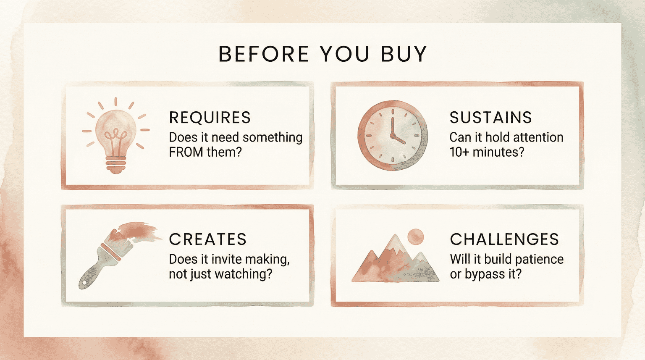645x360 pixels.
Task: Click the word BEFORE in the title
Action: (264, 54)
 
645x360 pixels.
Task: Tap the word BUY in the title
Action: (404, 54)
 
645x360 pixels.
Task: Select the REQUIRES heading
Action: (210, 118)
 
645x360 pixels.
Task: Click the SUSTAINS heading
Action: (490, 118)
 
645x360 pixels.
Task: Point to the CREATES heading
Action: (207, 239)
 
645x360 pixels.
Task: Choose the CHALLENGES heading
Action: (504, 239)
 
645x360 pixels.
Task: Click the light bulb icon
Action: (116, 134)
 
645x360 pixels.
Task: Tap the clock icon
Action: (393, 135)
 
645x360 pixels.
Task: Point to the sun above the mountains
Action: (415, 237)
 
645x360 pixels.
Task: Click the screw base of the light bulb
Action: (116, 165)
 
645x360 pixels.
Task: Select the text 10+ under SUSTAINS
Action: (459, 152)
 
